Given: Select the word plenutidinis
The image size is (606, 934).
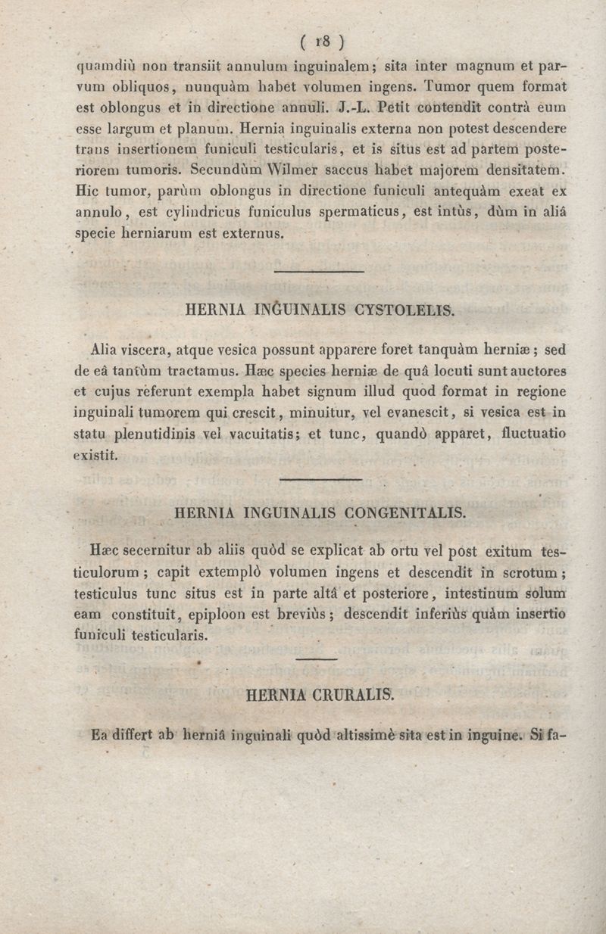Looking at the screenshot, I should pos(137,435).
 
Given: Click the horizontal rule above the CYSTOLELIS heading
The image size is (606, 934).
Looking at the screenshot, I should pos(319,272).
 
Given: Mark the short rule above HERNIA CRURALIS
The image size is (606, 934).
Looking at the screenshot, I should pos(316,660).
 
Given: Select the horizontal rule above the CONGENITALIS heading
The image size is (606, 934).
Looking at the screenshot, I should pos(321,479).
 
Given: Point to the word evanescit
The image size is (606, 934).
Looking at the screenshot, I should pos(417,414).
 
